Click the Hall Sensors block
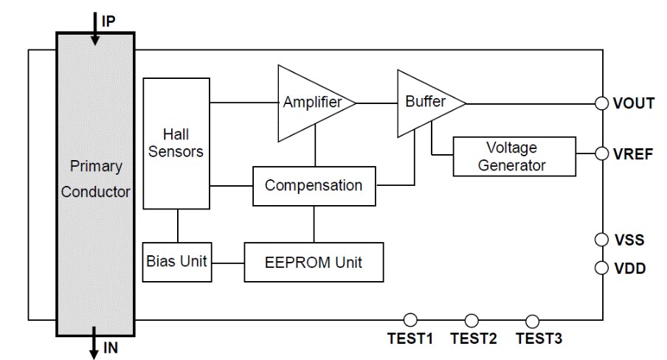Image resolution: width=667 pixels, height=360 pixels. [x=176, y=142]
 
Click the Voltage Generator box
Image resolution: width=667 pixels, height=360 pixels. [x=514, y=156]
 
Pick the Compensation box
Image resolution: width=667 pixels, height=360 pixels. [x=314, y=185]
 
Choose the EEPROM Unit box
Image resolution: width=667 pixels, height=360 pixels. [x=314, y=262]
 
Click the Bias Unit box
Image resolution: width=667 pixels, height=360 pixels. [x=177, y=262]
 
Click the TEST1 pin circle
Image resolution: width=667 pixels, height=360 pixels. [x=411, y=319]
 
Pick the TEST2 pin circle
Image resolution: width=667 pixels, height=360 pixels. [x=472, y=319]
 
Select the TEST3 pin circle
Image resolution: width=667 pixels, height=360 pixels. [x=532, y=319]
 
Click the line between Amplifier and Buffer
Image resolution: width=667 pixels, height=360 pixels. [x=376, y=103]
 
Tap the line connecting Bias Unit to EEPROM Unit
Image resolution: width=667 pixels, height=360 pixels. [x=228, y=262]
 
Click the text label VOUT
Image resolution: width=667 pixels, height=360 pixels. [x=634, y=103]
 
